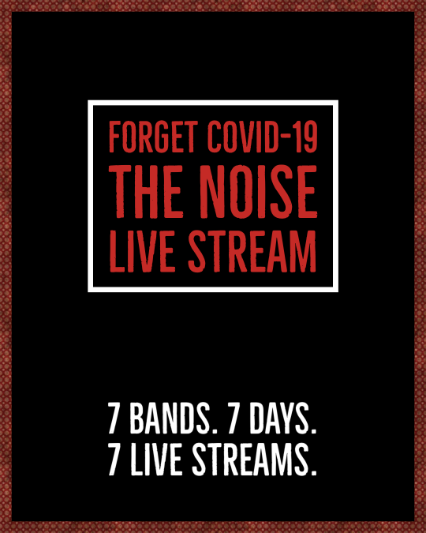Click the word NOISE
click(x=258, y=192)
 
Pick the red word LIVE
click(x=142, y=251)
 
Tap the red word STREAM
click(x=252, y=251)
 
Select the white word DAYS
click(x=279, y=419)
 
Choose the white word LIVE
click(x=156, y=460)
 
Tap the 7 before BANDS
click(x=115, y=419)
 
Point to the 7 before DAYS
click(x=235, y=419)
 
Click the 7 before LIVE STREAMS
click(x=115, y=460)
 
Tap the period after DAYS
click(x=313, y=431)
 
